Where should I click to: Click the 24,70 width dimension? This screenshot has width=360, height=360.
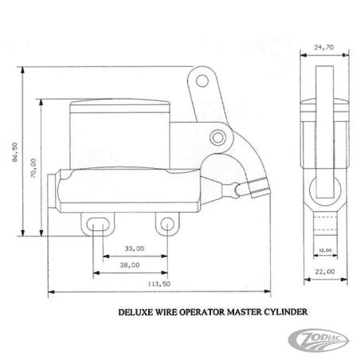tap(323, 48)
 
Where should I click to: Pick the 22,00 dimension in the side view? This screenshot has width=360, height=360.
tap(324, 272)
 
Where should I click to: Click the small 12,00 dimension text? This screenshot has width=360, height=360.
tap(325, 250)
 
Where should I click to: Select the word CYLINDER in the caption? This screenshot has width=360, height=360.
tap(280, 314)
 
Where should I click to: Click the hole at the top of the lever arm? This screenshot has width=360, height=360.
tap(202, 80)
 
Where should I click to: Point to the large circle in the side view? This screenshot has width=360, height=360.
tap(325, 188)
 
